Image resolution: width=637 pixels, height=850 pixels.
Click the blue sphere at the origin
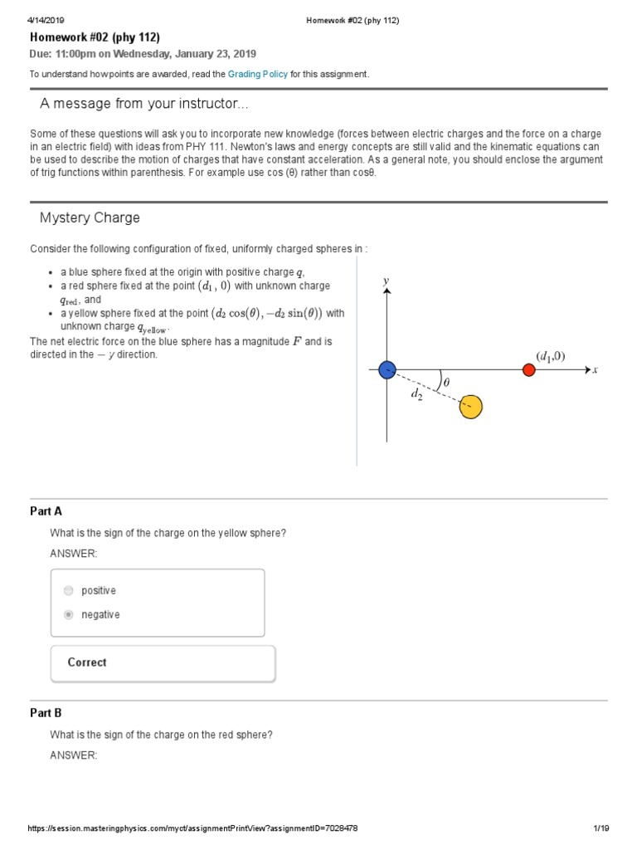coord(387,370)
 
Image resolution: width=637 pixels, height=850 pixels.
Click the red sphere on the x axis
coord(529,370)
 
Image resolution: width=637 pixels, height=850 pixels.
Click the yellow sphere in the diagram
coord(470,407)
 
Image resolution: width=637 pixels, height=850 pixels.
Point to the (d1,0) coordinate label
coord(550,356)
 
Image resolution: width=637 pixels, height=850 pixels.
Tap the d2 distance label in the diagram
coord(416,395)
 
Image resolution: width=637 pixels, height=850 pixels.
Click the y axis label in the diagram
coord(386,281)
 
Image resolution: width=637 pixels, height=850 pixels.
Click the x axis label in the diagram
coord(595,370)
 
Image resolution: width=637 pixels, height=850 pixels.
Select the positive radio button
coord(68,591)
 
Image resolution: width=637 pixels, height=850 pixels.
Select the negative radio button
coord(68,615)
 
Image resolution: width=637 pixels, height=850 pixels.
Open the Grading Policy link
coord(258,74)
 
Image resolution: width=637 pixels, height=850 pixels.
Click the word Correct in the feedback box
coord(87,662)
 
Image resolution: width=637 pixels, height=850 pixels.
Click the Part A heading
coord(46,511)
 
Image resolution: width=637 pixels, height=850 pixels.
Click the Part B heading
coord(46,713)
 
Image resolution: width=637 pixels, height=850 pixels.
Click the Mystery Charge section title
coord(90,218)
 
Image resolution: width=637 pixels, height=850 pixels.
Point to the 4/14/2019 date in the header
coord(47,20)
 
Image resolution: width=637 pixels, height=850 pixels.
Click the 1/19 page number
coord(601,828)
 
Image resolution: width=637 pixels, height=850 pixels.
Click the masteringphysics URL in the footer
coord(192,828)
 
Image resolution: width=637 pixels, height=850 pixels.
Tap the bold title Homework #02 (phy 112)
coord(95,37)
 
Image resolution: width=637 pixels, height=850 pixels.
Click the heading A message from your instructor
coord(143,104)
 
